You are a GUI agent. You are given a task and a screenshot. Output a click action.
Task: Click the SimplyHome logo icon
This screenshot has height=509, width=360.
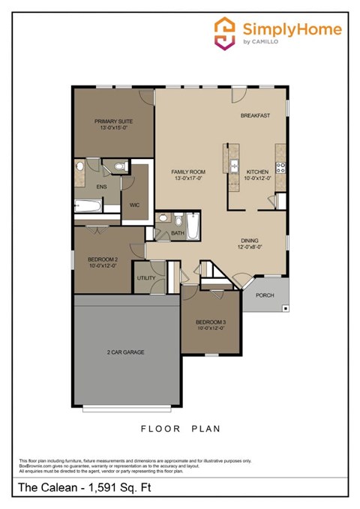pyautogui.click(x=224, y=33)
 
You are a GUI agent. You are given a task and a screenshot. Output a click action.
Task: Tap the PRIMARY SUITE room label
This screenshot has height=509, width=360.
pyautogui.click(x=113, y=120)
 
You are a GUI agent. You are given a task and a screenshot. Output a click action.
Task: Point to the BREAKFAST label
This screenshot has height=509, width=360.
pyautogui.click(x=255, y=115)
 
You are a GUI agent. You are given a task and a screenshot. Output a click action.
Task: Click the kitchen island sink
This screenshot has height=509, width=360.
pyautogui.click(x=234, y=166)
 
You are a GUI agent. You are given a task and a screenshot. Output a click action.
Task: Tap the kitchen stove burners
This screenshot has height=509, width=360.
pyautogui.click(x=280, y=168)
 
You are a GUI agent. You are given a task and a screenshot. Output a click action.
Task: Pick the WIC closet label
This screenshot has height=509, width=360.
pyautogui.click(x=134, y=203)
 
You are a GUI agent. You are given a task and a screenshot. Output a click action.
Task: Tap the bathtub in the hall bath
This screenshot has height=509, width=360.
pyautogui.click(x=193, y=225)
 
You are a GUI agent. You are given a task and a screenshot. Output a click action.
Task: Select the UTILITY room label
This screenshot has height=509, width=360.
pyautogui.click(x=146, y=278)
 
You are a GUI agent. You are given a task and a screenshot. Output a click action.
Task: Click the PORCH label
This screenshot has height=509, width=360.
pyautogui.click(x=265, y=295)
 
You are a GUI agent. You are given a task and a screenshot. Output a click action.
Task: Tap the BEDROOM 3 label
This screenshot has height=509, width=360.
pyautogui.click(x=211, y=322)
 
